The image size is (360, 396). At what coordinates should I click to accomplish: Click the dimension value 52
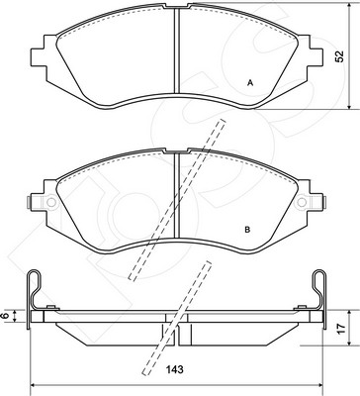pos(339,56)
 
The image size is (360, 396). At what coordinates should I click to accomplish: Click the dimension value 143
pos(175,369)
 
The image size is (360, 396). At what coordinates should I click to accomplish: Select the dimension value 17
pos(342,328)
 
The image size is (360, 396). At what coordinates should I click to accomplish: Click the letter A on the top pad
pos(250,83)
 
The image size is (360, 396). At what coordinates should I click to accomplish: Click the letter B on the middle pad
pos(247,230)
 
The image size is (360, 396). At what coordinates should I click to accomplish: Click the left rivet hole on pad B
pos(51,202)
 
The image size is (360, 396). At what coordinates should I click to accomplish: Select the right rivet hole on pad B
pos(302,202)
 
